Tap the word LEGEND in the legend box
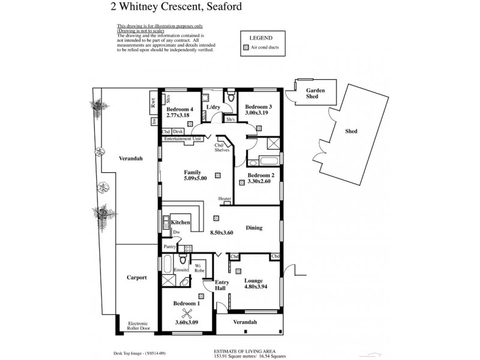260,36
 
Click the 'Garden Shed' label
316,93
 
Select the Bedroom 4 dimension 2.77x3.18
178,116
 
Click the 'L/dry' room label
214,107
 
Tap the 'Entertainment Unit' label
182,139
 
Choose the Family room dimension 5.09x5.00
195,178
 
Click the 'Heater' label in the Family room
225,199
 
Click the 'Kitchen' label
181,223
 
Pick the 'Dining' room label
254,228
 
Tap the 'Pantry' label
169,247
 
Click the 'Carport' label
137,278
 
